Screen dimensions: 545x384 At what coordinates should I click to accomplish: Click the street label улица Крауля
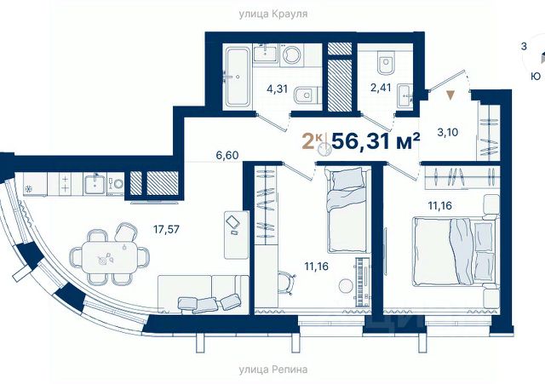pyautogui.click(x=273, y=14)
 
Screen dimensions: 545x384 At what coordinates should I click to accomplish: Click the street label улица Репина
pyautogui.click(x=273, y=370)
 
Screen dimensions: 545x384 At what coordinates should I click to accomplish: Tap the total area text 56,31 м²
pyautogui.click(x=376, y=140)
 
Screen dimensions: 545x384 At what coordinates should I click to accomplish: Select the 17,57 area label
pyautogui.click(x=166, y=229)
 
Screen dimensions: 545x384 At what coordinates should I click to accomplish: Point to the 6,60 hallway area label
pyautogui.click(x=227, y=155)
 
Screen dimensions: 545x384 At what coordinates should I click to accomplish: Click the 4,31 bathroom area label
pyautogui.click(x=277, y=89)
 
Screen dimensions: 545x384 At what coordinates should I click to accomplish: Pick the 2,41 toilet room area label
pyautogui.click(x=381, y=87)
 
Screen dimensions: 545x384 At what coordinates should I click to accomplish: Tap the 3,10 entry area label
pyautogui.click(x=447, y=133)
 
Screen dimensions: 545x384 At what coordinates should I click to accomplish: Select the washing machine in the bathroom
pyautogui.click(x=291, y=55)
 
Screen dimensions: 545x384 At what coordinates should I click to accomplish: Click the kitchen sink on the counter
pyautogui.click(x=95, y=184)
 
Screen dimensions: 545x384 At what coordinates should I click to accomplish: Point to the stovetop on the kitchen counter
pyautogui.click(x=65, y=184)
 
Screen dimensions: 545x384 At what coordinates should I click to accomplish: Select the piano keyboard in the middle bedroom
pyautogui.click(x=362, y=282)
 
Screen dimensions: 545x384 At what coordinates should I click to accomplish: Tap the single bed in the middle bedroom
pyautogui.click(x=347, y=210)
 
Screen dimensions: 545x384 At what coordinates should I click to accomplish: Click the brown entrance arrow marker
pyautogui.click(x=450, y=95)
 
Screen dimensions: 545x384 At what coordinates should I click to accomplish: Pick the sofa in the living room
pyautogui.click(x=204, y=294)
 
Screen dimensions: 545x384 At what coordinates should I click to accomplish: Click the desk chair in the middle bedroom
pyautogui.click(x=287, y=283)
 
